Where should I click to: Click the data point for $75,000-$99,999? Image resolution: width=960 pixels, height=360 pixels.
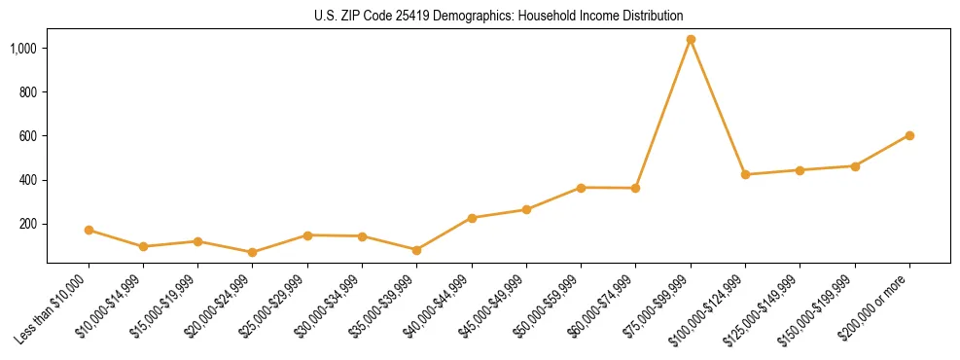(x=691, y=40)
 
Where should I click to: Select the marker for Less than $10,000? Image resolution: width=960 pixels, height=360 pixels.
(x=89, y=231)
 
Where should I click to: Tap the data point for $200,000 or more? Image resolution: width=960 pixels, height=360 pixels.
(x=909, y=135)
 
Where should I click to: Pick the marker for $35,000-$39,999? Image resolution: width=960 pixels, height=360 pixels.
(x=416, y=250)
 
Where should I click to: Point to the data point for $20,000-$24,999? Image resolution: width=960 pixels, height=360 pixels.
(x=253, y=252)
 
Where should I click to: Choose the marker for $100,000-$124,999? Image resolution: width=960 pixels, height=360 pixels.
(x=745, y=175)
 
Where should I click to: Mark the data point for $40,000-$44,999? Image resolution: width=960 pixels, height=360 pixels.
(x=472, y=218)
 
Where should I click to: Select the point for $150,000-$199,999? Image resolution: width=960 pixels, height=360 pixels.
(x=855, y=166)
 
